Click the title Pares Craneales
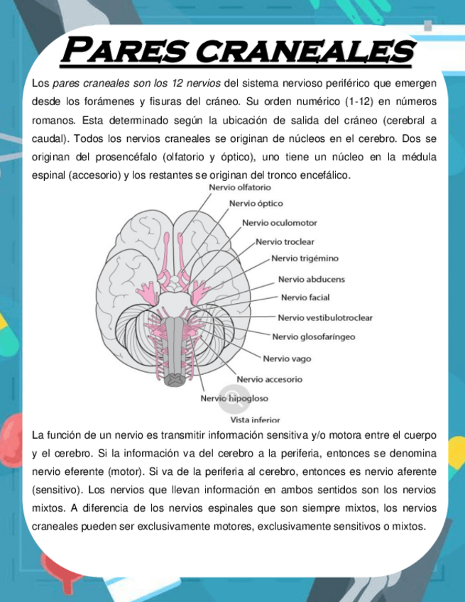(237, 50)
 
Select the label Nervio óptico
(256, 204)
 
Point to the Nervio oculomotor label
(279, 223)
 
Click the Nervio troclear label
(285, 241)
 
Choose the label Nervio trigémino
(305, 258)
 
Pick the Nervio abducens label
(311, 279)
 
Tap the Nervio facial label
(305, 297)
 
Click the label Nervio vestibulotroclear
(324, 317)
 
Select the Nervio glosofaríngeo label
(314, 336)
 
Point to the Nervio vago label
(287, 359)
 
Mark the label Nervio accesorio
(269, 379)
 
